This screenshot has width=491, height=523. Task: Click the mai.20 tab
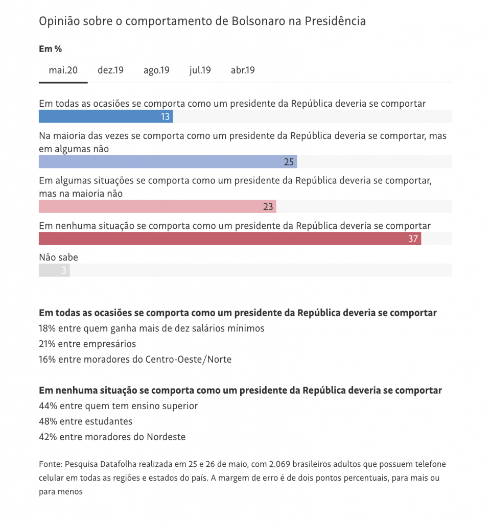coord(63,70)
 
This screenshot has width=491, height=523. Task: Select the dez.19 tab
coord(110,70)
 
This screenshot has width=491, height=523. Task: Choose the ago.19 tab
coord(156,70)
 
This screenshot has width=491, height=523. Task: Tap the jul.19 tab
coord(200,70)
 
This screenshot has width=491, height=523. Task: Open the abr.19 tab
coord(243,70)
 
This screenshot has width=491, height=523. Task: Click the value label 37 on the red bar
coord(413,239)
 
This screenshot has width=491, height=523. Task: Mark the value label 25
coord(289,162)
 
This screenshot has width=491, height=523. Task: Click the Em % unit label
coord(50,49)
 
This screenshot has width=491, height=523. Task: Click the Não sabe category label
coord(58,257)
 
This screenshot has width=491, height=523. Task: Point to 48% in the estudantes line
coord(48,421)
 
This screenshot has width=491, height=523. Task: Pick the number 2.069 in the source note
coord(259,464)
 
